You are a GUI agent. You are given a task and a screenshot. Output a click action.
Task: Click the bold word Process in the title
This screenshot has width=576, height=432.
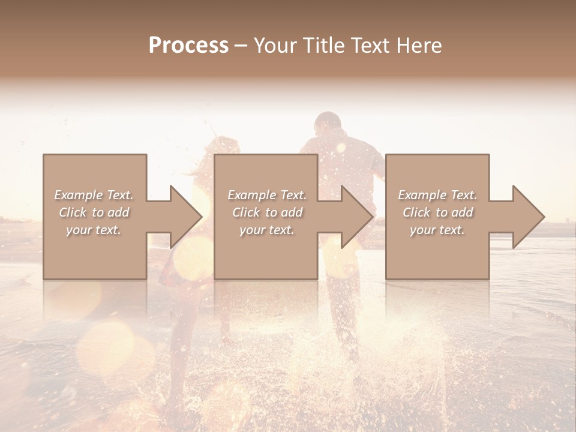[x=188, y=46]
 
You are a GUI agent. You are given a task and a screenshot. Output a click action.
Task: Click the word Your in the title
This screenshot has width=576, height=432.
[x=275, y=46]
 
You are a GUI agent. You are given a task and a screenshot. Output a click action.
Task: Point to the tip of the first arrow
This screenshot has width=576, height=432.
[x=202, y=217]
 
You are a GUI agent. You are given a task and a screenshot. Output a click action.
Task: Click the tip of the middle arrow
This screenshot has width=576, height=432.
[x=373, y=217]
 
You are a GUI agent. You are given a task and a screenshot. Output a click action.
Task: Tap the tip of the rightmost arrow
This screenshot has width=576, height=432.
[x=544, y=217]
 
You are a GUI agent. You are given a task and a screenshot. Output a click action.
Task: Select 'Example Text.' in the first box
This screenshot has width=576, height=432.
[x=94, y=195]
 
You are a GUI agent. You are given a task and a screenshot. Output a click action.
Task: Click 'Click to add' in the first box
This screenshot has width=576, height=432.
[x=94, y=212]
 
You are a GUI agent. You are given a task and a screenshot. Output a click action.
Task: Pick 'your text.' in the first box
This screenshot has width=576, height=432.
[x=94, y=230]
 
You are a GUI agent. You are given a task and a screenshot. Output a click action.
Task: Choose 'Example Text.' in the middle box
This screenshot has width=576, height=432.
[x=266, y=195]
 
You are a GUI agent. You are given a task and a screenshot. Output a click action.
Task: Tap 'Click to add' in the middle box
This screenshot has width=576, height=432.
[x=266, y=212]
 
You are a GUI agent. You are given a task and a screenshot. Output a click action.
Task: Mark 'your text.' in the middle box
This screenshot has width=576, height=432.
[x=266, y=230]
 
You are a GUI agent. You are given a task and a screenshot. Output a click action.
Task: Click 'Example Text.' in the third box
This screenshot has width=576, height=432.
[x=437, y=195]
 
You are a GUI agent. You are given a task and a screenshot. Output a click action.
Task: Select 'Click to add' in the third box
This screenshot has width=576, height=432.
[x=437, y=212]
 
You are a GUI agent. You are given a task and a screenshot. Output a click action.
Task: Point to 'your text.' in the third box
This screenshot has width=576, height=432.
[x=437, y=230]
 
